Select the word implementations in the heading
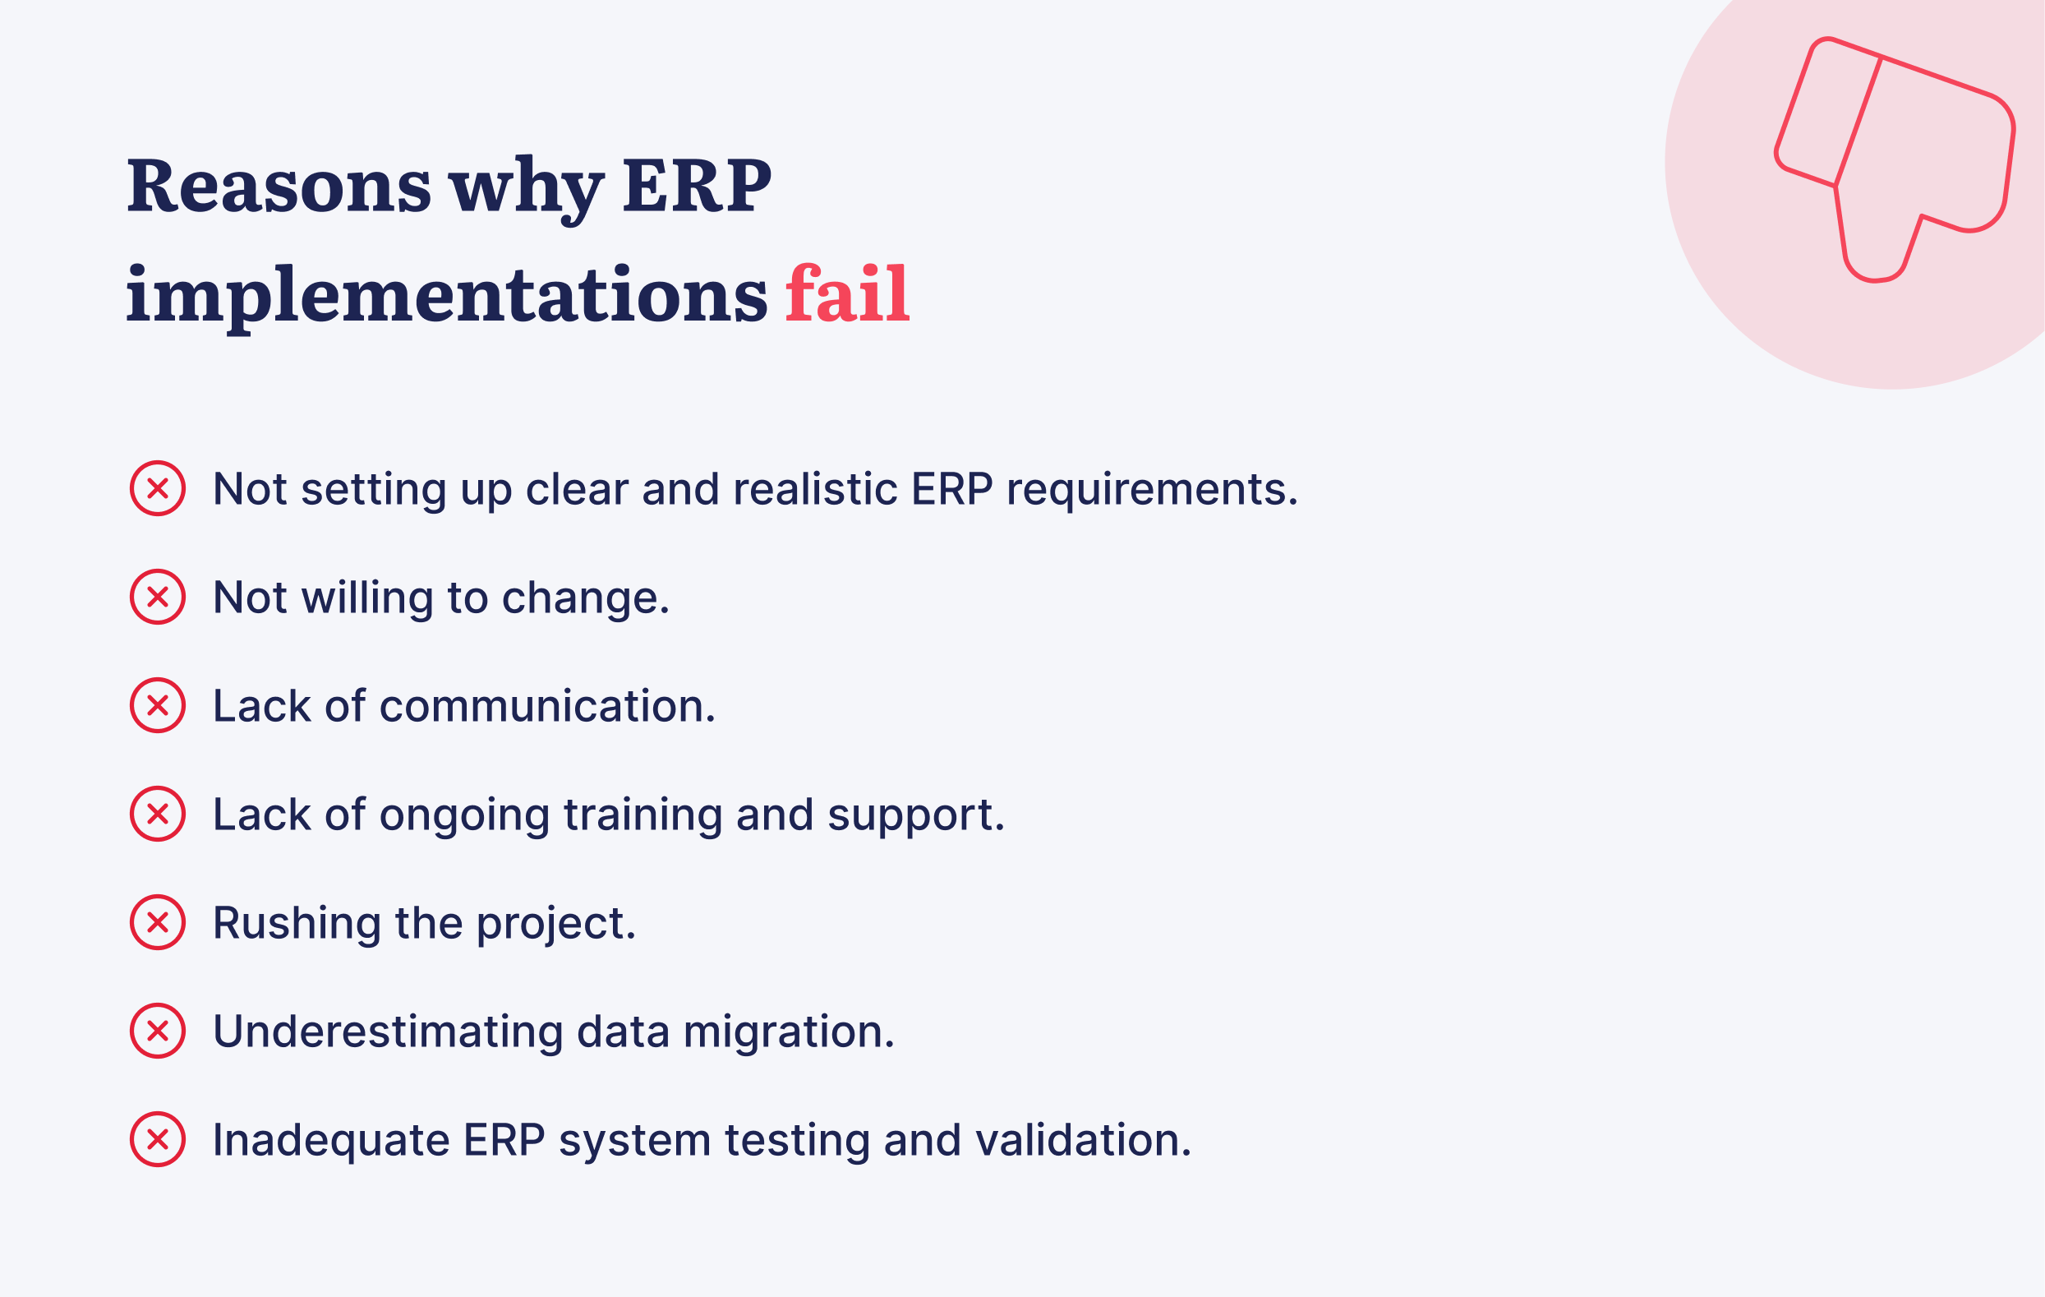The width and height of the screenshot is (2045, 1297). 447,296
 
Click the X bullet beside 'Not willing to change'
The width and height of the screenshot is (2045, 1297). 158,597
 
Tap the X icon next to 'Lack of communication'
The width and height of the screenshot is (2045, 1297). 158,706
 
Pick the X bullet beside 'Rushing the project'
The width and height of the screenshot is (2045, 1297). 158,922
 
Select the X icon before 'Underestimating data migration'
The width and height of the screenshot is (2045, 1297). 158,1032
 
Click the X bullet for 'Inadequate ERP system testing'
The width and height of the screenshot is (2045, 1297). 158,1140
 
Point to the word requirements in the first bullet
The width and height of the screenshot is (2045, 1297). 1152,491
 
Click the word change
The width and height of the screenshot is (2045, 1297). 585,599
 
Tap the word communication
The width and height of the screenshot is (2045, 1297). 547,707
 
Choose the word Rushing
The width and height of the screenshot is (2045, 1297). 297,923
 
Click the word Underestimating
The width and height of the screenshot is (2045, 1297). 388,1032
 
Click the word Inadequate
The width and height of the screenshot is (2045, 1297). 330,1141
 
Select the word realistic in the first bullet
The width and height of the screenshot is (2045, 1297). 814,490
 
